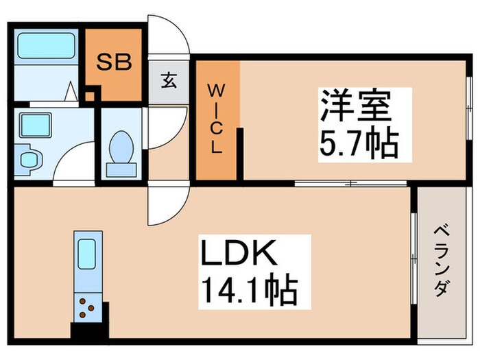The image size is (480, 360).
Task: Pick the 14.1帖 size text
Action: (248, 291)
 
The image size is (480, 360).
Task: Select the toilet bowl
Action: (122, 147)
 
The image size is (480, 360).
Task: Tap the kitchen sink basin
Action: (86, 254)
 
